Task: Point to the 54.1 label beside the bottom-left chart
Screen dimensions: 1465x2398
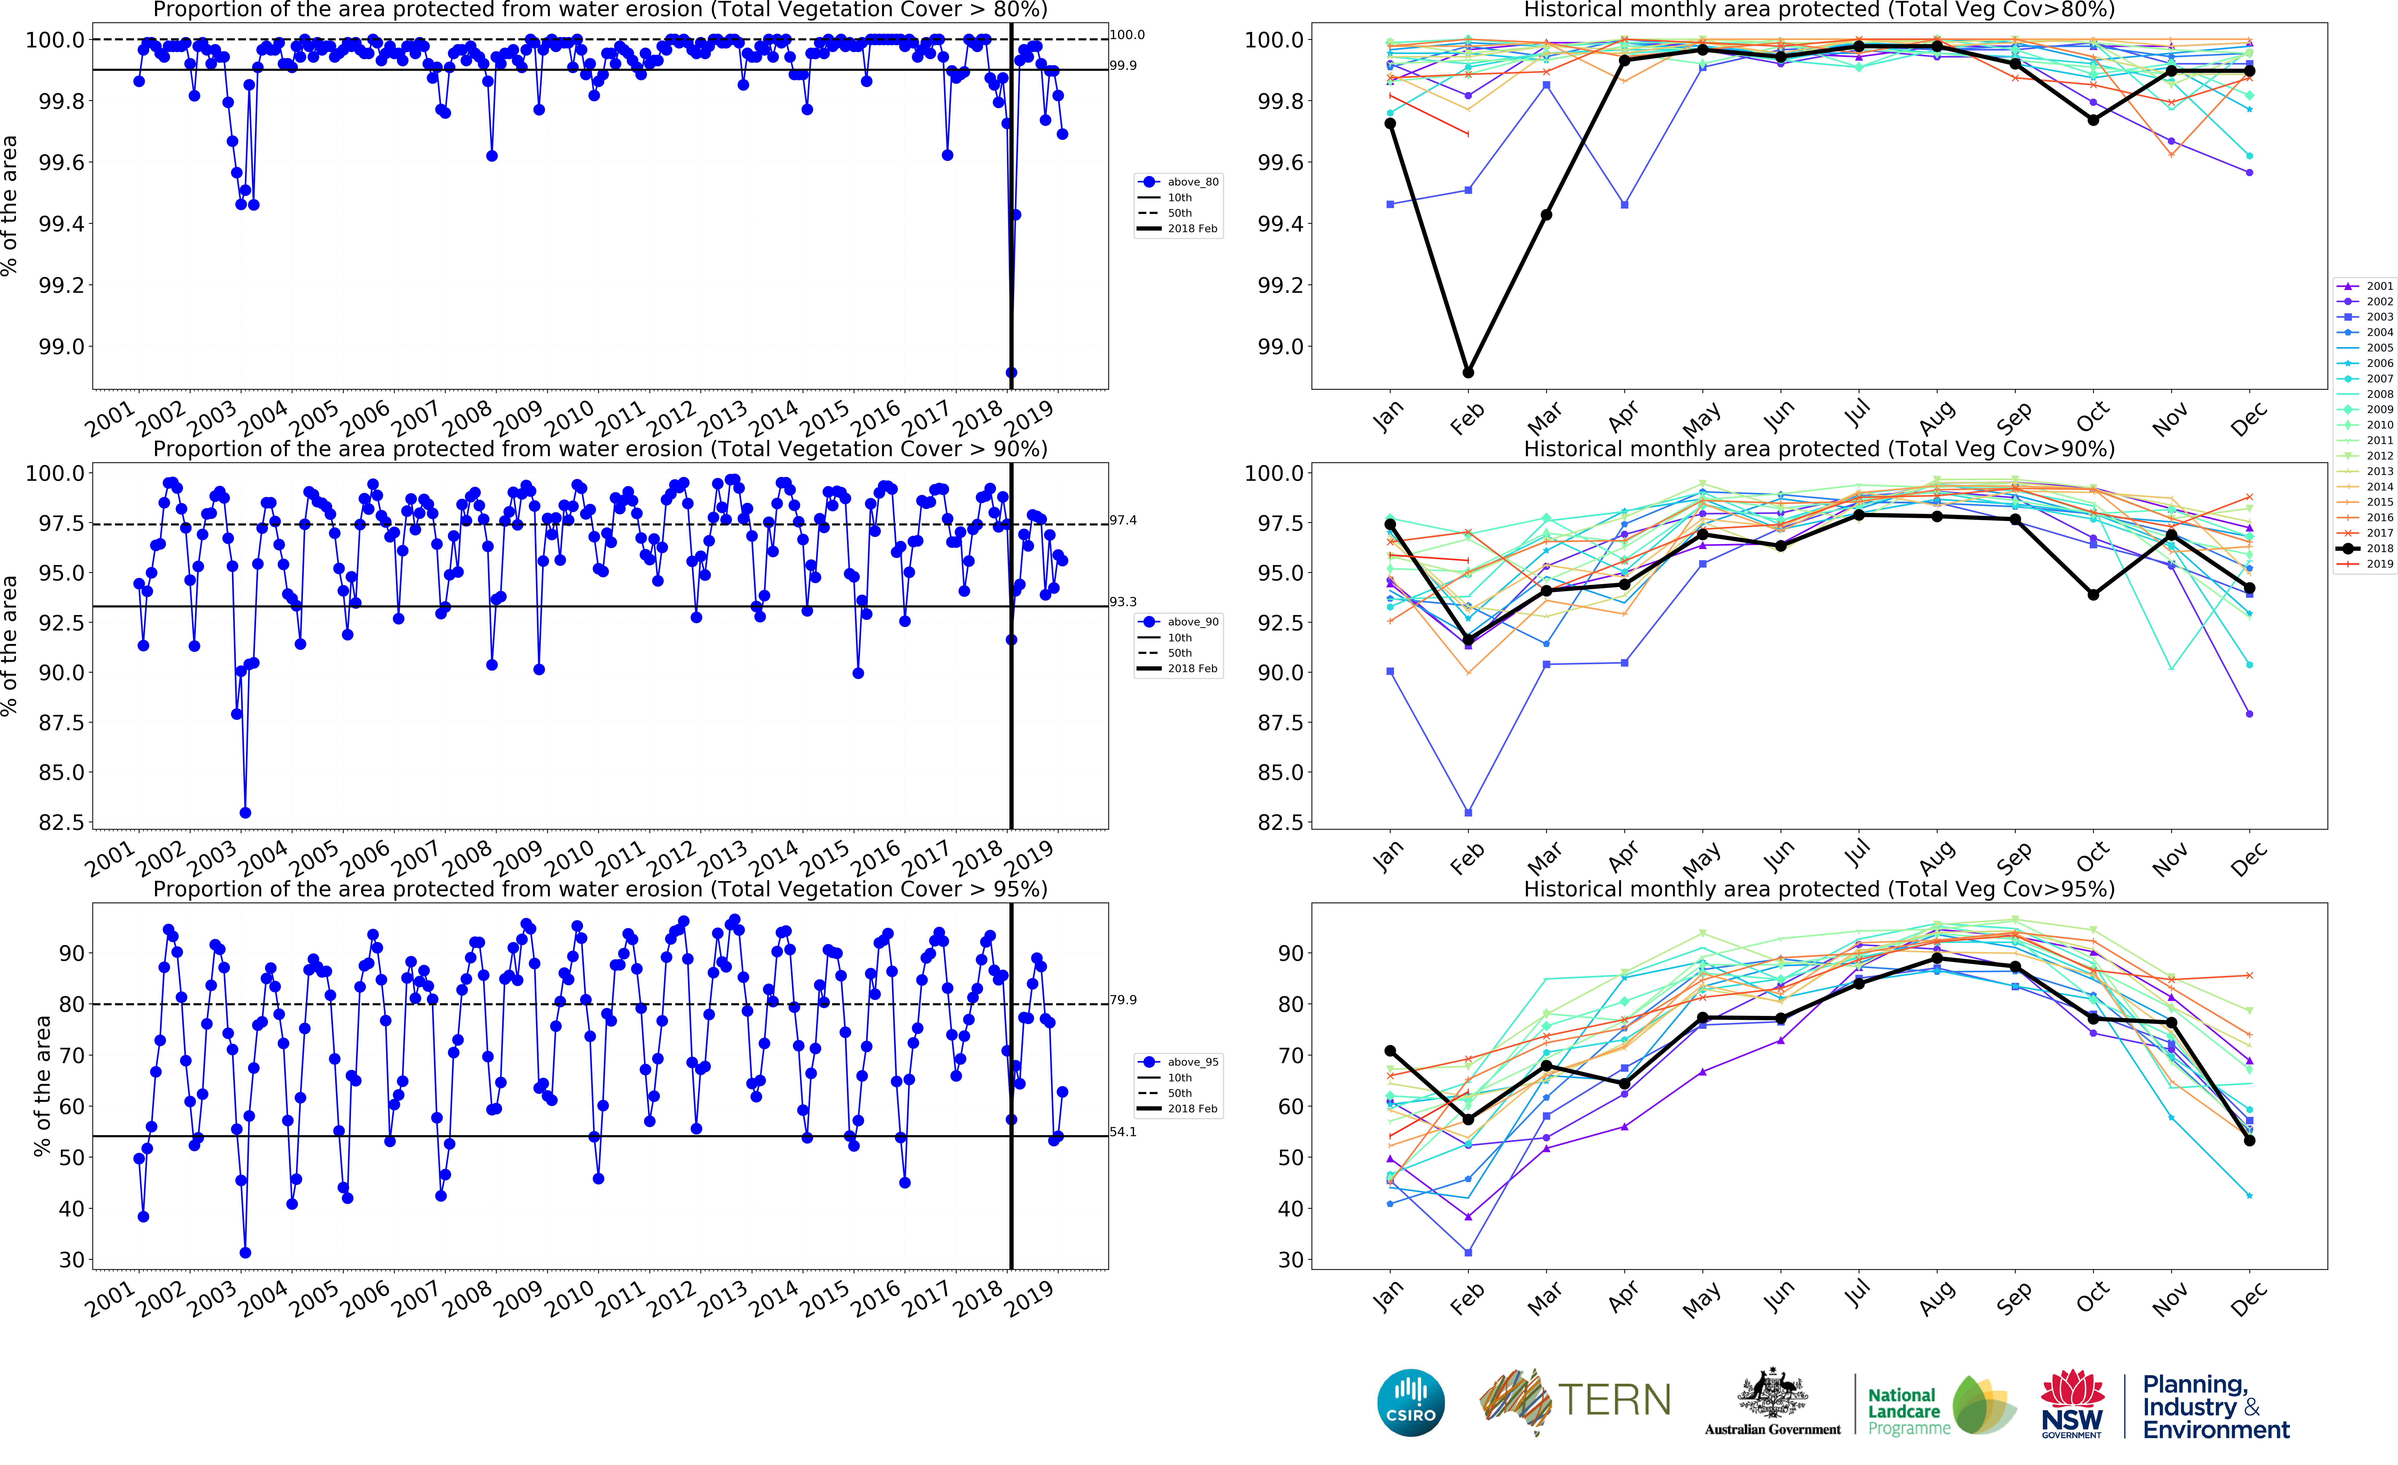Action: (x=1123, y=1132)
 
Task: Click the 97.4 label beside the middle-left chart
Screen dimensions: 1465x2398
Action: (x=1123, y=521)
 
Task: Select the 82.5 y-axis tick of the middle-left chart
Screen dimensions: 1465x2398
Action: (x=60, y=823)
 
